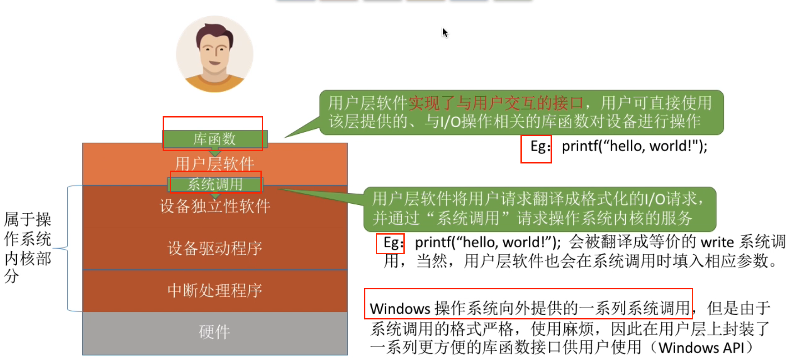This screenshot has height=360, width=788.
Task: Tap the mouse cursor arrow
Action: (445, 33)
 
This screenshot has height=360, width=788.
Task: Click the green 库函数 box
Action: (214, 139)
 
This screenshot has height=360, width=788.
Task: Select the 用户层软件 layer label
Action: (214, 163)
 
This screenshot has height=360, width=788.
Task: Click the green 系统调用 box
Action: (215, 184)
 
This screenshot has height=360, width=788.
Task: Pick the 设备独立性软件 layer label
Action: (215, 206)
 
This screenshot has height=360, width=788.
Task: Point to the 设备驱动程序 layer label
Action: (215, 248)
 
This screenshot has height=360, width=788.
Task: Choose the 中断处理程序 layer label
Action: (215, 290)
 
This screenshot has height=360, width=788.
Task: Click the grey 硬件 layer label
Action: (214, 332)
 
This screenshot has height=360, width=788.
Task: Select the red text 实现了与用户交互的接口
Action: (496, 103)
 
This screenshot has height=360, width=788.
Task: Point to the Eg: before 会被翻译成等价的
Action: (393, 243)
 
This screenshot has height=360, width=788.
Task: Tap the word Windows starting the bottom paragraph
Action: (400, 309)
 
